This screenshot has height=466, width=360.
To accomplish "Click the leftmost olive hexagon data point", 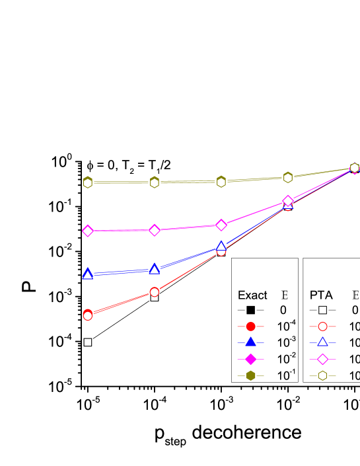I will coord(87,182).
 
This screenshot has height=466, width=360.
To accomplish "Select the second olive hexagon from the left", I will coord(154,182).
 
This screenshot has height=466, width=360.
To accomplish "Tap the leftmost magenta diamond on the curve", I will coord(87,231).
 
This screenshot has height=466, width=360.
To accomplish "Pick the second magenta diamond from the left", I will coord(154,230).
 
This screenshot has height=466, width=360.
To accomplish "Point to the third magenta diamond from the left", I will coord(221,225).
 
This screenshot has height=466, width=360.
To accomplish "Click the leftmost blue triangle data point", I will coord(87,274).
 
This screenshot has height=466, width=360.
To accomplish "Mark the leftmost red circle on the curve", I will coord(87,315).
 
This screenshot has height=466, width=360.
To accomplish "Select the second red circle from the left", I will coord(154,291).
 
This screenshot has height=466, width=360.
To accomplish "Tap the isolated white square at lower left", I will coord(87,342).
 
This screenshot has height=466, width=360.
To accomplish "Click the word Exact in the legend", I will coord(252,295).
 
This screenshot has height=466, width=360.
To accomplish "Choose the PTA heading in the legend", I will coord(321,295).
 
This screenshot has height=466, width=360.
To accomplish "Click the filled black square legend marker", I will coord(250,310).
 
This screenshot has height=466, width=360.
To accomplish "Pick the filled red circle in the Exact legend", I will coord(250,327).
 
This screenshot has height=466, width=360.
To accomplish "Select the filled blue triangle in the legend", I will coord(250,342).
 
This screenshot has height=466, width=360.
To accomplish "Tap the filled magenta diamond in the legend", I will coord(250,359).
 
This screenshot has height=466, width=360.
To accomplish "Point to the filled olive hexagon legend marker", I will coord(250,375).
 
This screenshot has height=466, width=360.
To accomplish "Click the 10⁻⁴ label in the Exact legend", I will coord(287,326).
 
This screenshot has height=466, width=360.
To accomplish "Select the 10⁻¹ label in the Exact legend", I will coord(287,375).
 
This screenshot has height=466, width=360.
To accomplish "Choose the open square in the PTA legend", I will coord(322,310).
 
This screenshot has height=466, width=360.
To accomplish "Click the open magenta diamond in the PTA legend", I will coord(322,359).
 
